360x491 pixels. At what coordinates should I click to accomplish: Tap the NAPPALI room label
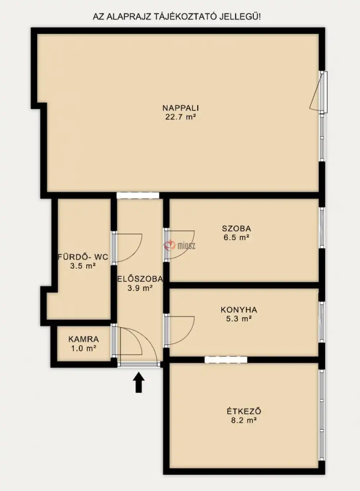point(181,108)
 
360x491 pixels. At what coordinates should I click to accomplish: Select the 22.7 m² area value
point(180,117)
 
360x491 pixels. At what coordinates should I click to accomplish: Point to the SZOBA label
point(237,229)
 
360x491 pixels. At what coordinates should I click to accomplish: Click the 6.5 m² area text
point(237,237)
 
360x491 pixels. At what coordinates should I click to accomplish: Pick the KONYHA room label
point(239,310)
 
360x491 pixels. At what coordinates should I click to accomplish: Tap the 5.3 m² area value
point(239,318)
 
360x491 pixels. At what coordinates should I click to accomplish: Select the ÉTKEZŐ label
point(244,411)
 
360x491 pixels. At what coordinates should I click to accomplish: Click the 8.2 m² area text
point(244,420)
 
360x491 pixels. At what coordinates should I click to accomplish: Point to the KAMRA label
point(84,339)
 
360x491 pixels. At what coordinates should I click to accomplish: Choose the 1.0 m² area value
point(84,348)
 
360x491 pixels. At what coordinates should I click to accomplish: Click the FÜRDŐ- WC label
point(83,257)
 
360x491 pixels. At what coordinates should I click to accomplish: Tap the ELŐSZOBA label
point(140,279)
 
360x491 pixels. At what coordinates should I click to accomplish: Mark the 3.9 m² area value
point(140,288)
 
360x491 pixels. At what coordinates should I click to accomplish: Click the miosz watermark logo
point(180,246)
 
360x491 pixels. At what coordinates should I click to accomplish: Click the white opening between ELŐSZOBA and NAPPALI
point(138,195)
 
